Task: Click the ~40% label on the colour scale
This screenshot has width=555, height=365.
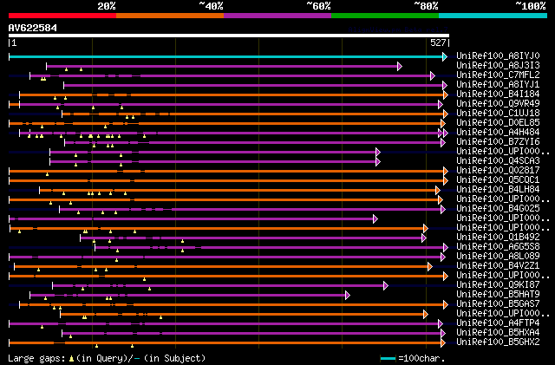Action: pos(211,6)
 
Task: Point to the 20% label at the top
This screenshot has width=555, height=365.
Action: pos(107,6)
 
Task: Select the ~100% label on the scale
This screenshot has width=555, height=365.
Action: pos(531,6)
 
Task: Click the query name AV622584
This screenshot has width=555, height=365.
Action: pos(32,28)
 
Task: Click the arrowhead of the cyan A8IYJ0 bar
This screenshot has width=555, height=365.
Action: pos(445,56)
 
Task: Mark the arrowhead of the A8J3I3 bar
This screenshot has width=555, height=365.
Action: pos(400,66)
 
